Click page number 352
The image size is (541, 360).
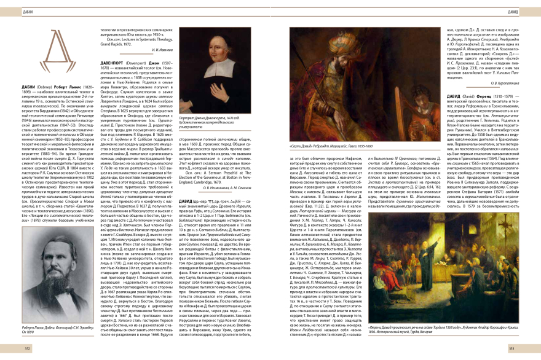[x=28, y=347]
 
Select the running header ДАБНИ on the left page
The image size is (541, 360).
[x=28, y=11]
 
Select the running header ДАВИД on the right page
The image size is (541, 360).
[x=513, y=11]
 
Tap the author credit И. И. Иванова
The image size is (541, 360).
[x=164, y=49]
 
